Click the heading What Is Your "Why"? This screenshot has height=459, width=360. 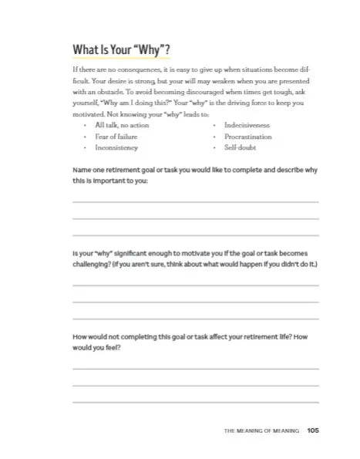[x=121, y=52]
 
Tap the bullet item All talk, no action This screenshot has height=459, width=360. [x=122, y=124]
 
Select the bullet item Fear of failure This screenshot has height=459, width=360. [x=116, y=136]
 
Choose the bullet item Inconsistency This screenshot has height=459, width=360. [x=116, y=147]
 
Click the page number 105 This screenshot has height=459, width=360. [x=312, y=430]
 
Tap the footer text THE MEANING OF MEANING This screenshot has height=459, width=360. [x=261, y=431]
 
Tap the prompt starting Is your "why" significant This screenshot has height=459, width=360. [x=195, y=258]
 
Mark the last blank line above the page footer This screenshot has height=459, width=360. [x=195, y=402]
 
